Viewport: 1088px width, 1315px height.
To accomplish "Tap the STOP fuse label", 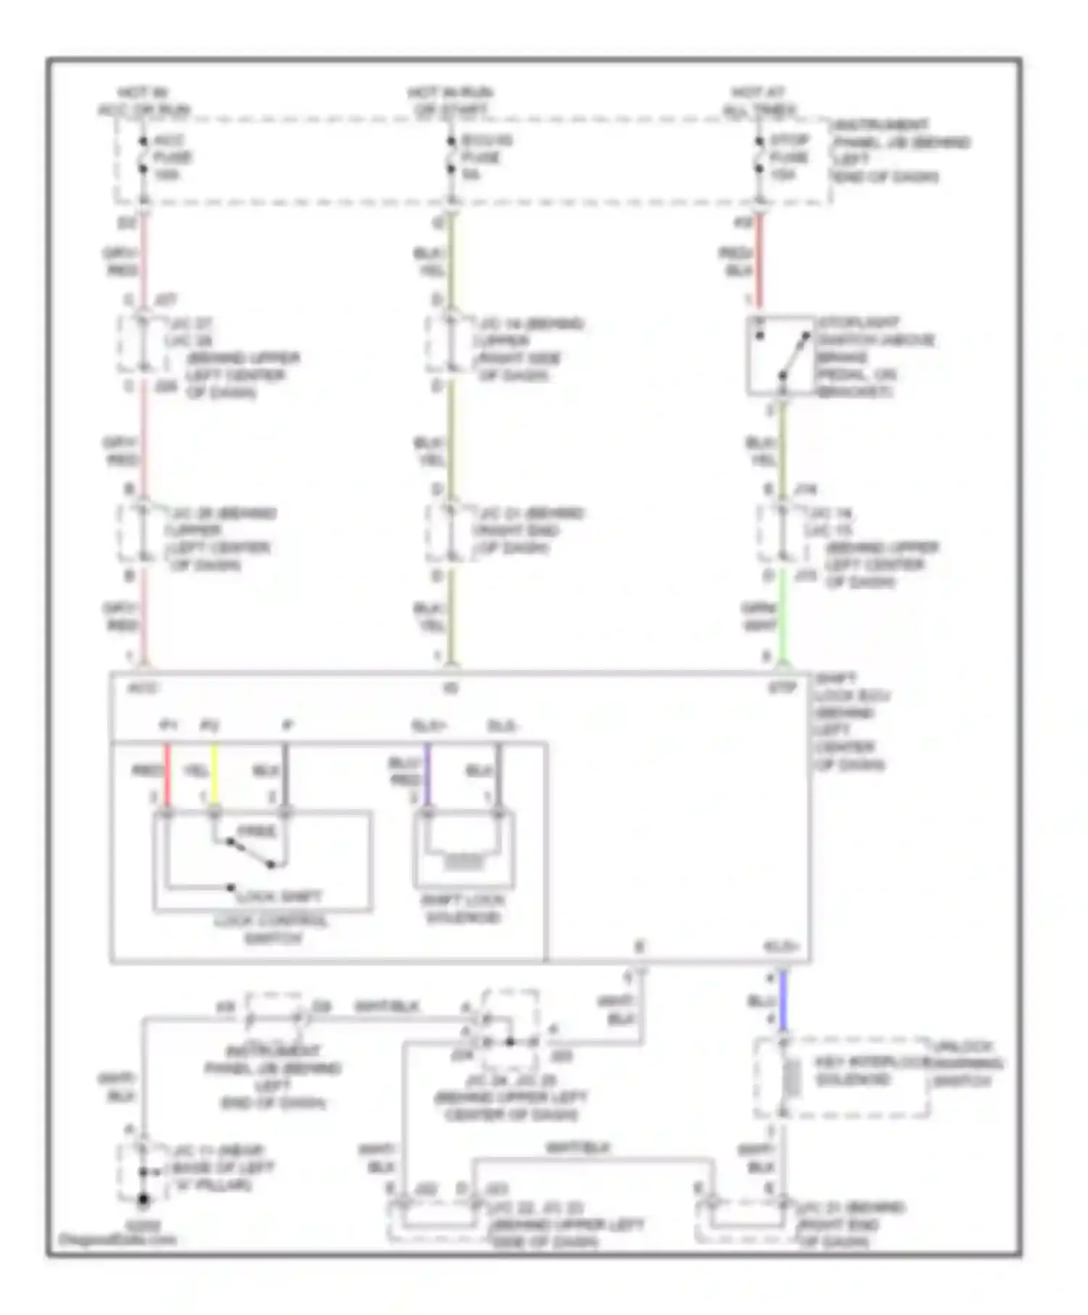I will point(789,157).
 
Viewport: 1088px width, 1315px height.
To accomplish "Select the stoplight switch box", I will point(780,356).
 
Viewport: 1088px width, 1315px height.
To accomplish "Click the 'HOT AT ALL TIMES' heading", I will point(759,101).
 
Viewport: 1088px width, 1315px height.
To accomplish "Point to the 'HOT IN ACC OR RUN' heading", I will point(144,101).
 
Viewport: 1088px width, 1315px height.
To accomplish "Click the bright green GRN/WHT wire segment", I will point(783,616).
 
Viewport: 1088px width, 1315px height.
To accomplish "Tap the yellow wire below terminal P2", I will point(214,774).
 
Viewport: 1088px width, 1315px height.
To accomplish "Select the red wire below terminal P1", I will point(168,774).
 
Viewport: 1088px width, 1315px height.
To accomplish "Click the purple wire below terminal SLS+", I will point(427,774).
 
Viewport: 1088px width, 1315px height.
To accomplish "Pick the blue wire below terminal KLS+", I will point(783,1000).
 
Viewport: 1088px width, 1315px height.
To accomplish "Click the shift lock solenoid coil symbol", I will point(463,862).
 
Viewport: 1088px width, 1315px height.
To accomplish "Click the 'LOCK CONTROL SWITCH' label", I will point(271,929).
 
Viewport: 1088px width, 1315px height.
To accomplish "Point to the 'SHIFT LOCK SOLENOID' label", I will point(463,909).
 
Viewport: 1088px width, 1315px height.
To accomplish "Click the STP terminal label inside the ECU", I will point(782,687).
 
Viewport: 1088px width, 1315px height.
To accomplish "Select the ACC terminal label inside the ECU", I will point(144,687).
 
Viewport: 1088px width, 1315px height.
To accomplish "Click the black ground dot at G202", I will point(144,1200).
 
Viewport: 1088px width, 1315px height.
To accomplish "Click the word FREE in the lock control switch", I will point(257,831).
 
